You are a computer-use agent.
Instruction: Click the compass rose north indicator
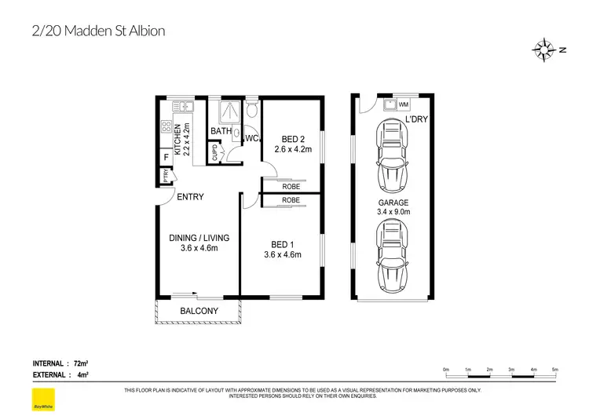[x=544, y=49]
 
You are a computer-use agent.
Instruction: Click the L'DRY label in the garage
[x=416, y=119]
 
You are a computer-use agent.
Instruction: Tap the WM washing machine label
[x=404, y=104]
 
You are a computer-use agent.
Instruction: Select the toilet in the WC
[x=251, y=109]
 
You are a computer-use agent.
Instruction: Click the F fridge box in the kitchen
[x=166, y=159]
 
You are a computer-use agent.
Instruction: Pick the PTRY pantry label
[x=166, y=177]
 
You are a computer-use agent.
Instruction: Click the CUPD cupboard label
[x=214, y=152]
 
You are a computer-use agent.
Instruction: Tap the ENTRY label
[x=190, y=197]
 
